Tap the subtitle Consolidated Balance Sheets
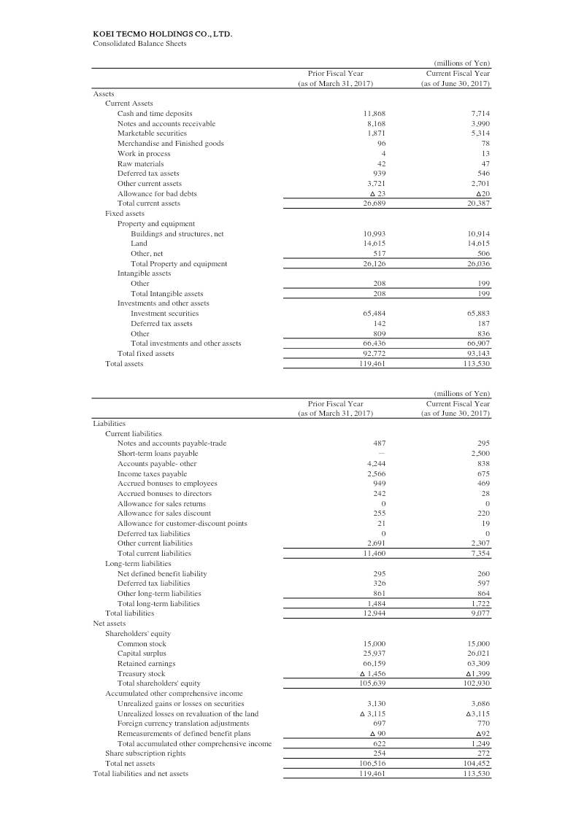click(139, 43)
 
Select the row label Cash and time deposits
click(155, 114)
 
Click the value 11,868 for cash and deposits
click(374, 114)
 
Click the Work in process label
click(139, 154)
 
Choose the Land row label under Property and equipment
click(139, 243)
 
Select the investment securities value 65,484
click(374, 313)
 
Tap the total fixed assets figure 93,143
click(477, 353)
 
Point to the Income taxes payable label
click(152, 473)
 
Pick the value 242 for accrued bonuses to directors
click(379, 493)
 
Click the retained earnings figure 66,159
click(374, 664)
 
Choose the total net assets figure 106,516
click(373, 763)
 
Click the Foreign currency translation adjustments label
click(183, 724)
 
